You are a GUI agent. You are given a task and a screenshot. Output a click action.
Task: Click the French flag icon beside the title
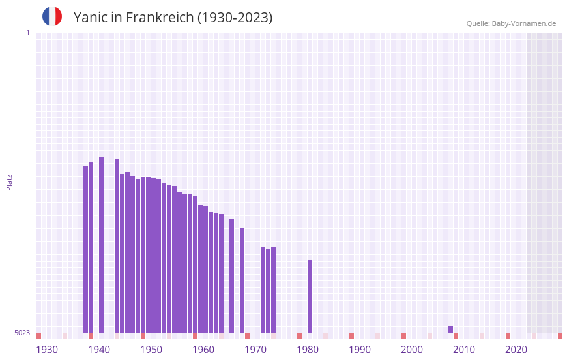(x=52, y=17)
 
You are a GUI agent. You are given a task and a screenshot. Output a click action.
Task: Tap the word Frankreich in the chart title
(x=158, y=18)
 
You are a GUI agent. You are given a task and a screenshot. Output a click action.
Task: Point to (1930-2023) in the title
(x=235, y=18)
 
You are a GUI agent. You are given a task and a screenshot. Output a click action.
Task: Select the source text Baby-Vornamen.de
(x=523, y=23)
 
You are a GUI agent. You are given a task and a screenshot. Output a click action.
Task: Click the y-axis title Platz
(x=9, y=182)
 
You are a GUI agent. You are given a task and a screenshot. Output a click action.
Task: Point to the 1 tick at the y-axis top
(x=27, y=33)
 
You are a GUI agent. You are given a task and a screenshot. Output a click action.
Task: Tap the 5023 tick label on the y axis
(x=22, y=333)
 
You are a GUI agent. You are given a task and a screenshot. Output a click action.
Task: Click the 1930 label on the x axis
(x=47, y=350)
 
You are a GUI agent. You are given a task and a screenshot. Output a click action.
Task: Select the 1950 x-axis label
(x=151, y=350)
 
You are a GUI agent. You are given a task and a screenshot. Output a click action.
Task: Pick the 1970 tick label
(x=255, y=350)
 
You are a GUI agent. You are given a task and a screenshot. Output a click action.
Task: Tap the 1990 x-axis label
(x=360, y=350)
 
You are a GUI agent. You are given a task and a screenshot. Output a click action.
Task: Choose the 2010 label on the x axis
(x=464, y=350)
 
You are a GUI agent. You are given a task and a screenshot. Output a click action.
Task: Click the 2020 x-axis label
(x=516, y=350)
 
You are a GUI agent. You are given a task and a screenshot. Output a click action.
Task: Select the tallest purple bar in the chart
(x=101, y=245)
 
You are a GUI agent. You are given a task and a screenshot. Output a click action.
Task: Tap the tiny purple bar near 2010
(x=450, y=329)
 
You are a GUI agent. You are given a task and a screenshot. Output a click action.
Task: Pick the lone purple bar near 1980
(x=310, y=297)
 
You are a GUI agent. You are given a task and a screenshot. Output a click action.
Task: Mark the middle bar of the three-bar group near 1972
(x=268, y=291)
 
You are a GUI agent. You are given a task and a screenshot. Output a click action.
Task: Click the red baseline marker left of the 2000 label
(x=403, y=336)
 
